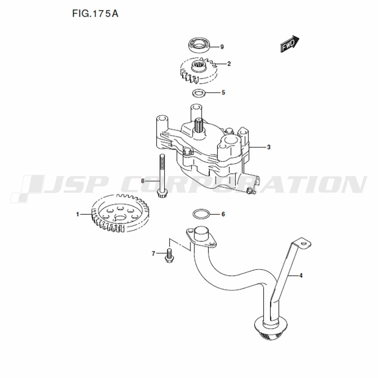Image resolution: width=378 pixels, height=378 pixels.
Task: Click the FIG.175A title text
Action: pyautogui.click(x=95, y=14)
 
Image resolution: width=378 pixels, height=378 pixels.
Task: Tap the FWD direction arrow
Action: pyautogui.click(x=290, y=44)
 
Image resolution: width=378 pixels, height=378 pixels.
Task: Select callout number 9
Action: pyautogui.click(x=222, y=47)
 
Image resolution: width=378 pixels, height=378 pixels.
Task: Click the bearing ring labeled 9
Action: pyautogui.click(x=199, y=45)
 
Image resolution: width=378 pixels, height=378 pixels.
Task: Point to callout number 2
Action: pyautogui.click(x=229, y=64)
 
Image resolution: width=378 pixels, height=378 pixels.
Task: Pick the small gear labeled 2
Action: pyautogui.click(x=199, y=71)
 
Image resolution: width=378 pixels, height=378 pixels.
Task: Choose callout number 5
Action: pyautogui.click(x=223, y=93)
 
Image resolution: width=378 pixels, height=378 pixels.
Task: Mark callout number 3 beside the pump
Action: pyautogui.click(x=269, y=147)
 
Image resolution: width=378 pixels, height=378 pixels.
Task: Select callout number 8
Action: pyautogui.click(x=143, y=181)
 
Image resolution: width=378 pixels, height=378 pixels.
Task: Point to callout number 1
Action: pyautogui.click(x=77, y=214)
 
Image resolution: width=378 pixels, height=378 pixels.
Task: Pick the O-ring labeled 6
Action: pyautogui.click(x=201, y=214)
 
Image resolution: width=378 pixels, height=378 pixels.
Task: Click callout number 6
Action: pyautogui.click(x=223, y=214)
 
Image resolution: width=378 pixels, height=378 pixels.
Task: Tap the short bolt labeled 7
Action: pyautogui.click(x=169, y=256)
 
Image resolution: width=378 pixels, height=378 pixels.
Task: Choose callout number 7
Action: pyautogui.click(x=153, y=254)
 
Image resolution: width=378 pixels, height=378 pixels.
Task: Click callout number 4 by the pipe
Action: pyautogui.click(x=301, y=275)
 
